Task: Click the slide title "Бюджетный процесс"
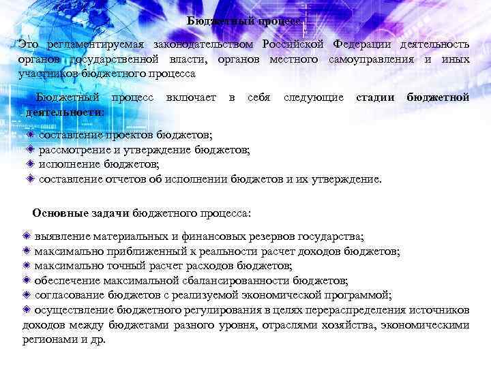pyautogui.click(x=244, y=20)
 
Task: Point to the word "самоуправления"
pyautogui.click(x=368, y=59)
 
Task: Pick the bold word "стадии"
pyautogui.click(x=375, y=98)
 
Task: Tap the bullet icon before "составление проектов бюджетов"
pyautogui.click(x=31, y=135)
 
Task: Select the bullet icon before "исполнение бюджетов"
pyautogui.click(x=31, y=164)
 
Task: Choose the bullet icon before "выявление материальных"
pyautogui.click(x=26, y=236)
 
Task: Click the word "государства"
pyautogui.click(x=333, y=236)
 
